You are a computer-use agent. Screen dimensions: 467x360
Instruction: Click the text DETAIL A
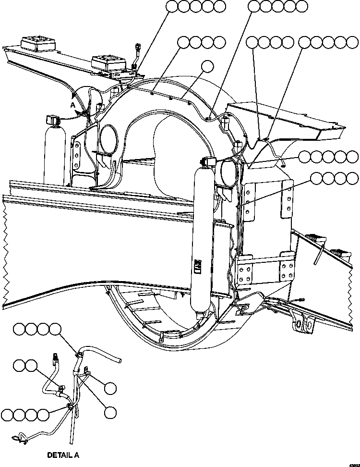click(x=63, y=454)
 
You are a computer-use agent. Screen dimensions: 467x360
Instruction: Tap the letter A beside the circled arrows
click(x=72, y=105)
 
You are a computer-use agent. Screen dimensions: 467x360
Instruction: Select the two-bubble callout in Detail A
click(x=26, y=365)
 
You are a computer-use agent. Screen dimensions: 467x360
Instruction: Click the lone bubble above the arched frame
click(x=207, y=66)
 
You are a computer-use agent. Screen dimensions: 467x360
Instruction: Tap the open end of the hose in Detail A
click(x=119, y=360)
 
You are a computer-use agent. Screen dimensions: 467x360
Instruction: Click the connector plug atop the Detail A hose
click(x=55, y=357)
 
